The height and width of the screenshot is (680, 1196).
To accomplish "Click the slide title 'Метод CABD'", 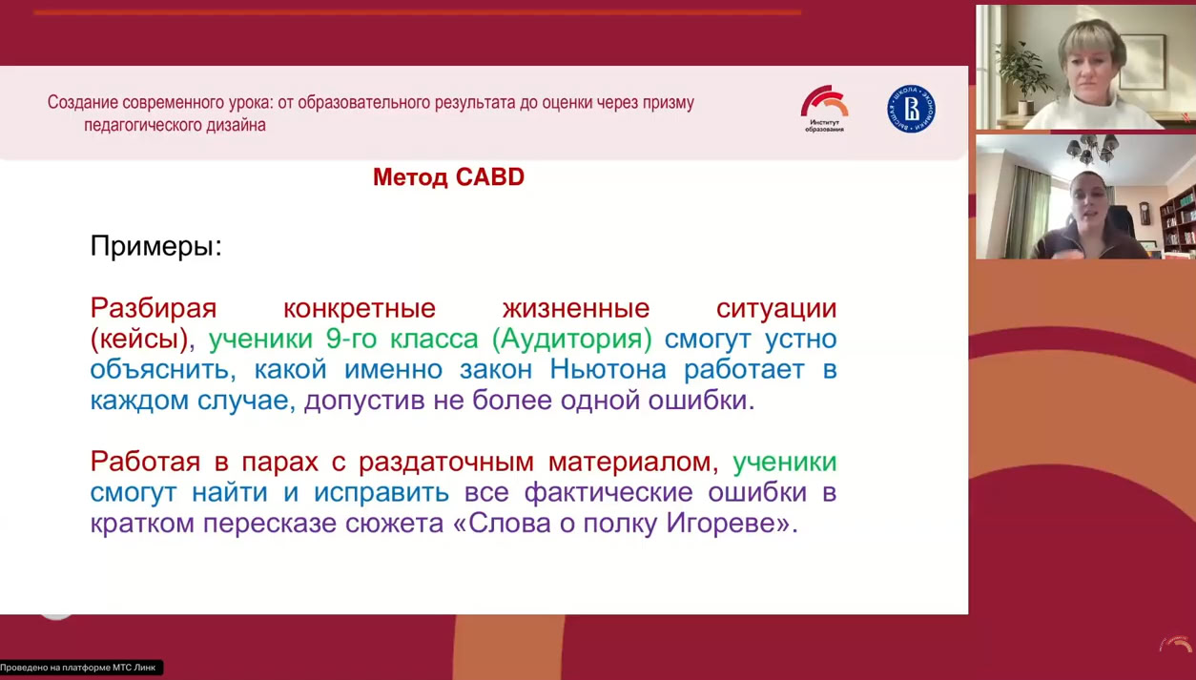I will coord(448,177).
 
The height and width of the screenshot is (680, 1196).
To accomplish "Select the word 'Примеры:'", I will coord(155,246).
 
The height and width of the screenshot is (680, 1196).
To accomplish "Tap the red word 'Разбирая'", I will coord(153,309).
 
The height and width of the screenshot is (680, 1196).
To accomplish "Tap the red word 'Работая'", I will coord(145,463).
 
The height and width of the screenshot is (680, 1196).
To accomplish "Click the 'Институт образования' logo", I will coord(824,109).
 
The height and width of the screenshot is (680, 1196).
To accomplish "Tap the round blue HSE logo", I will coord(911,109).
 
